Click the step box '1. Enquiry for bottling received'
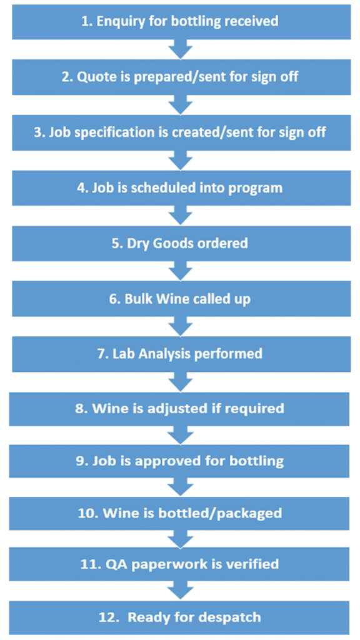pyautogui.click(x=181, y=22)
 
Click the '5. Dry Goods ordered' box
pyautogui.click(x=181, y=244)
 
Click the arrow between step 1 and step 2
pyautogui.click(x=181, y=49)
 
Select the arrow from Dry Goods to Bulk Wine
pyautogui.click(x=181, y=270)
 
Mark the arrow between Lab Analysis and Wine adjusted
pyautogui.click(x=180, y=382)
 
